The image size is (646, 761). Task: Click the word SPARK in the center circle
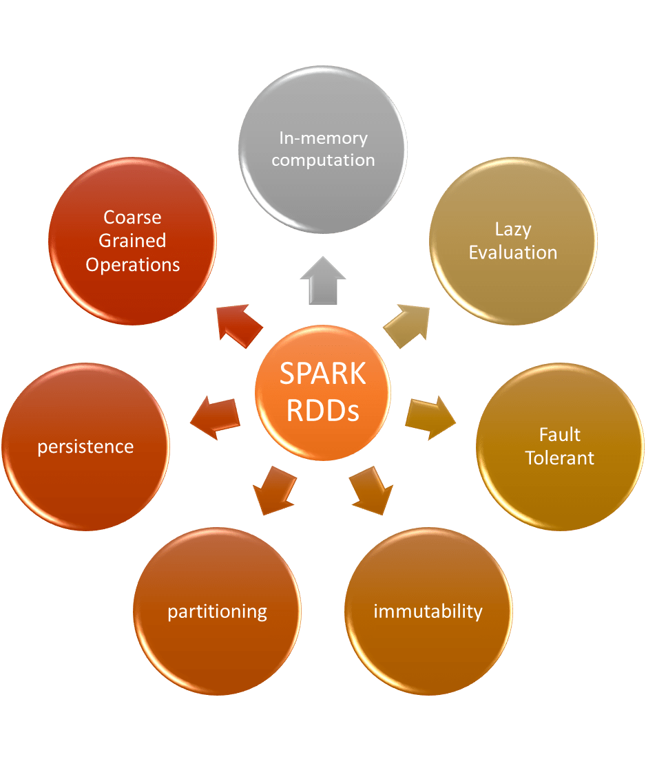[322, 374]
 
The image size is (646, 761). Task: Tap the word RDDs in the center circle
[322, 411]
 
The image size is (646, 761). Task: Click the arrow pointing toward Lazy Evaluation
[407, 325]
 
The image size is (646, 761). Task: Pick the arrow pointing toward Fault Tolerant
[431, 417]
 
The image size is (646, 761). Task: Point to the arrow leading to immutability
[371, 491]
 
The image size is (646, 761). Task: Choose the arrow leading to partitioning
[273, 491]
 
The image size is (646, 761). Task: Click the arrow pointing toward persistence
[214, 417]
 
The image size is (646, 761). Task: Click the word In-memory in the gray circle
[323, 138]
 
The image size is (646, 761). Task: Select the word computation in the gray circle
[323, 160]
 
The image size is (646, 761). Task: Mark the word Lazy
[513, 228]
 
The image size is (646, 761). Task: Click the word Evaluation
[513, 253]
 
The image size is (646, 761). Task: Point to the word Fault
[560, 434]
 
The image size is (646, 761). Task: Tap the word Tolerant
[560, 458]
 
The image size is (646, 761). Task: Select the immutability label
[428, 611]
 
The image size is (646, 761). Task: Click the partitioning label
[217, 611]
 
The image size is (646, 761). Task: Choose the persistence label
[85, 447]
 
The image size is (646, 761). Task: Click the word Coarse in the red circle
[132, 217]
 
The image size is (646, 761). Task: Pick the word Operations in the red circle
[132, 264]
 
